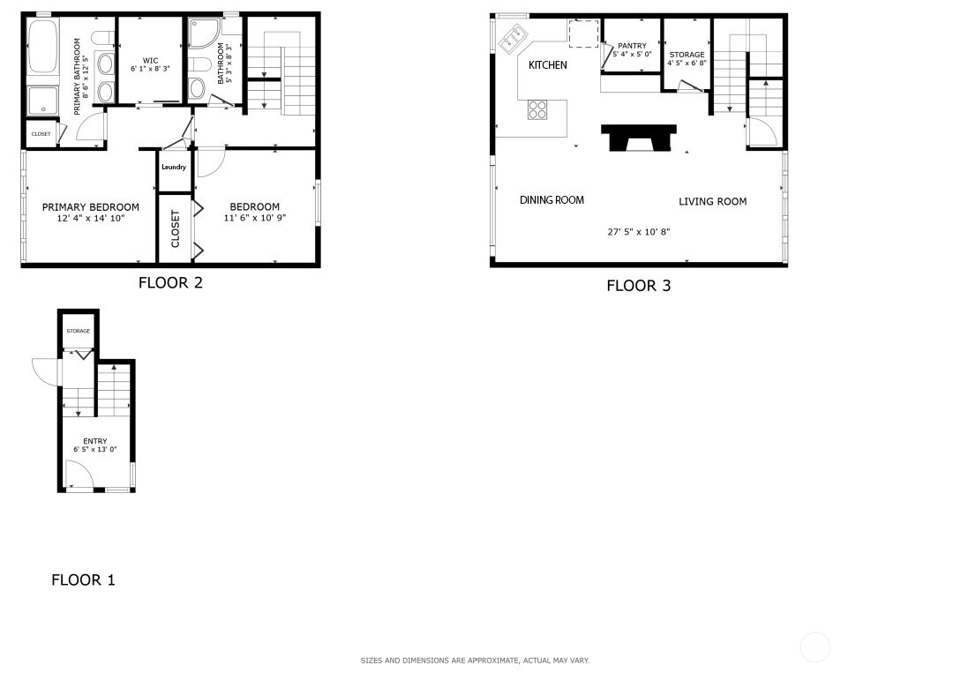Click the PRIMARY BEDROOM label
point(91,207)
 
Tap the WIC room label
point(150,61)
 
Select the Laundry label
point(174,167)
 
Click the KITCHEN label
point(548,65)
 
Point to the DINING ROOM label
point(552,200)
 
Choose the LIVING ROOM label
point(712,202)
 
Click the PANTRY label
point(632,46)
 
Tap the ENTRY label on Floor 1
point(94,441)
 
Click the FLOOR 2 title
point(170,282)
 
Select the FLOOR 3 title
point(639,286)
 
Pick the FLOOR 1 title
point(83,580)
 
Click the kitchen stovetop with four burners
point(537,110)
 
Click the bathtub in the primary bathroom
point(42,48)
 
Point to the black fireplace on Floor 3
point(639,138)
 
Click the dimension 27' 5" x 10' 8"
point(639,231)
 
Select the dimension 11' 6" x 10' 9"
point(255,218)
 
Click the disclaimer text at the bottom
point(476,661)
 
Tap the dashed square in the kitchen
point(583,33)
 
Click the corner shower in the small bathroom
point(204,33)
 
